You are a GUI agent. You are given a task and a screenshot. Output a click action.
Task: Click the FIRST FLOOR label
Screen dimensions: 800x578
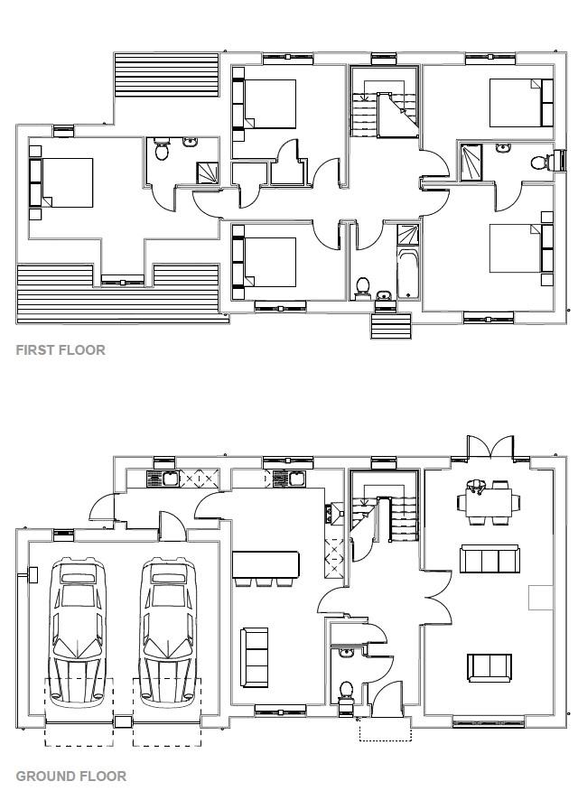tap(61, 350)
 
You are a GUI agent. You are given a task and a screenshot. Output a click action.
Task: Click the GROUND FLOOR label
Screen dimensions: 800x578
tap(70, 776)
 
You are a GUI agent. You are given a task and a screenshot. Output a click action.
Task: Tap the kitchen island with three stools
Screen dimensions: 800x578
tap(266, 565)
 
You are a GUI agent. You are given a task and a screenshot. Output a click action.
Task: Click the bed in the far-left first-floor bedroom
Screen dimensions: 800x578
tap(63, 183)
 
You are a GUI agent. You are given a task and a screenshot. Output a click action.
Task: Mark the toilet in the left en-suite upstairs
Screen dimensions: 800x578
tap(163, 150)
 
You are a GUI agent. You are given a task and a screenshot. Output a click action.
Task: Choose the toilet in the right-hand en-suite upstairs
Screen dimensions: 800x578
tap(539, 163)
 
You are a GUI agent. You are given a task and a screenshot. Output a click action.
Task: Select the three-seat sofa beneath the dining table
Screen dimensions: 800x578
tap(489, 559)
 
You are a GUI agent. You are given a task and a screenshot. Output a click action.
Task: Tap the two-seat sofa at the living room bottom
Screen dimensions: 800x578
tap(489, 667)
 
